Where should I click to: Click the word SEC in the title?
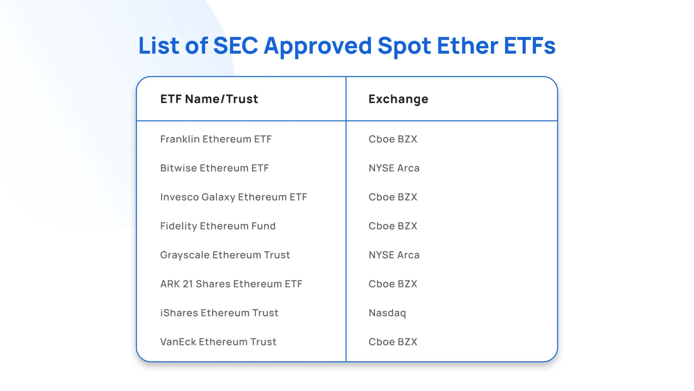pyautogui.click(x=236, y=46)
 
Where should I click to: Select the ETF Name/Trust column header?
pyautogui.click(x=209, y=99)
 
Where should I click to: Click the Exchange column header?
pyautogui.click(x=398, y=99)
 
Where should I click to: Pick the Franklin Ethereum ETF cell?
pyautogui.click(x=216, y=139)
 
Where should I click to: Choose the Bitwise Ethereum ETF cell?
pyautogui.click(x=214, y=168)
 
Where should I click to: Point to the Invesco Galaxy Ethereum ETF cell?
pyautogui.click(x=234, y=197)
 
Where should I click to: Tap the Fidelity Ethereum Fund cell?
pyautogui.click(x=218, y=226)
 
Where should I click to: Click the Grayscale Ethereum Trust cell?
pyautogui.click(x=225, y=255)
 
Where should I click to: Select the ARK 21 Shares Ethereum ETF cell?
pyautogui.click(x=231, y=284)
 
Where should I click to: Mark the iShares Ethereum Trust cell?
pyautogui.click(x=219, y=313)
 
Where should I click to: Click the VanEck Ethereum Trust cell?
pyautogui.click(x=218, y=342)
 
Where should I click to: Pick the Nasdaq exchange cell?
pyautogui.click(x=387, y=313)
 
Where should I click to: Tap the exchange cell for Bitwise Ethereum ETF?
pyautogui.click(x=394, y=168)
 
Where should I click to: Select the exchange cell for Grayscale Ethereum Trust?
pyautogui.click(x=394, y=255)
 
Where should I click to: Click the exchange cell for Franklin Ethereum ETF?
pyautogui.click(x=393, y=139)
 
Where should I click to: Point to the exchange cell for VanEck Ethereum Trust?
pyautogui.click(x=393, y=342)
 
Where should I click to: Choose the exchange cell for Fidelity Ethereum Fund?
pyautogui.click(x=393, y=226)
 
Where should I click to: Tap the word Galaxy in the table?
pyautogui.click(x=218, y=197)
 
